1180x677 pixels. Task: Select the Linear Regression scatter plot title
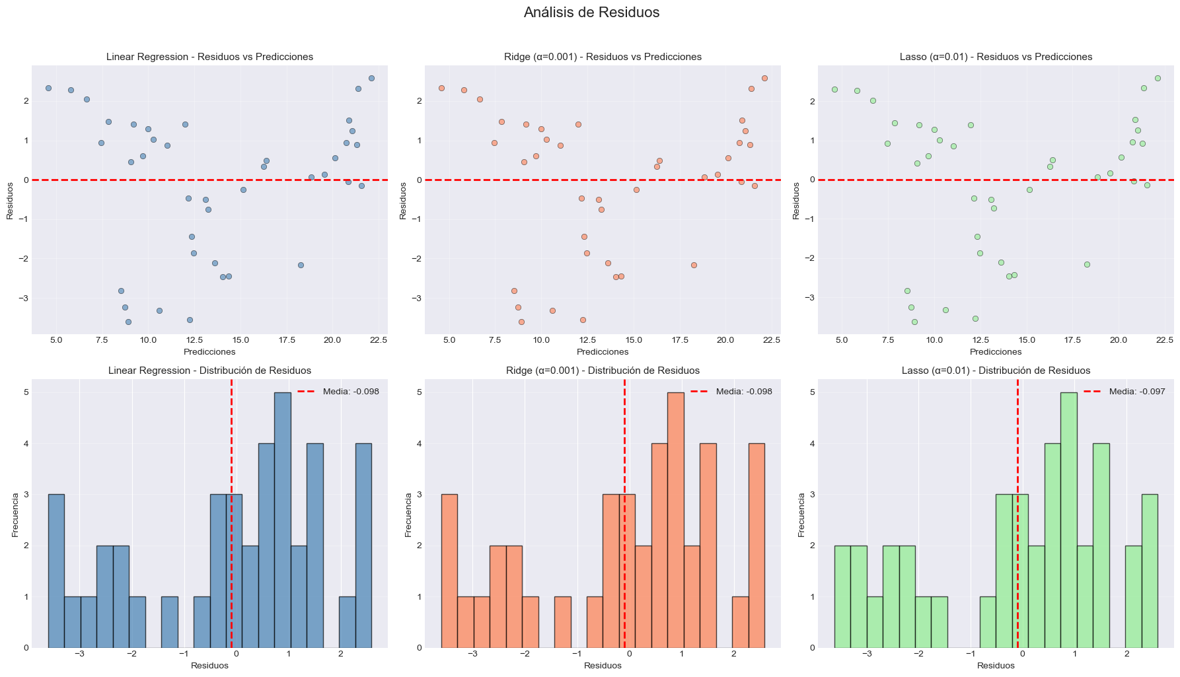[x=209, y=57]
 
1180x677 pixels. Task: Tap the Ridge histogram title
[x=603, y=371]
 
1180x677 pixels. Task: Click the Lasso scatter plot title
[x=996, y=57]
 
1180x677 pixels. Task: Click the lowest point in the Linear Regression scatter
[x=128, y=322]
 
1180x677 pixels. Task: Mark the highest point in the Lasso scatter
[x=1158, y=78]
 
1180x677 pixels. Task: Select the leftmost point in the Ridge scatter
[x=441, y=88]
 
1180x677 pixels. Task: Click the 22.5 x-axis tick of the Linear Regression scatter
[x=377, y=340]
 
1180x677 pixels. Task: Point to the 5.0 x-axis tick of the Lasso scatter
[x=842, y=340]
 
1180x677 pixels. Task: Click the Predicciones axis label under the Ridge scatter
[x=603, y=352]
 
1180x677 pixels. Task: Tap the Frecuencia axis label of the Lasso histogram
[x=801, y=513]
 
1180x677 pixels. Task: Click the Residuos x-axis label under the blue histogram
[x=209, y=666]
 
